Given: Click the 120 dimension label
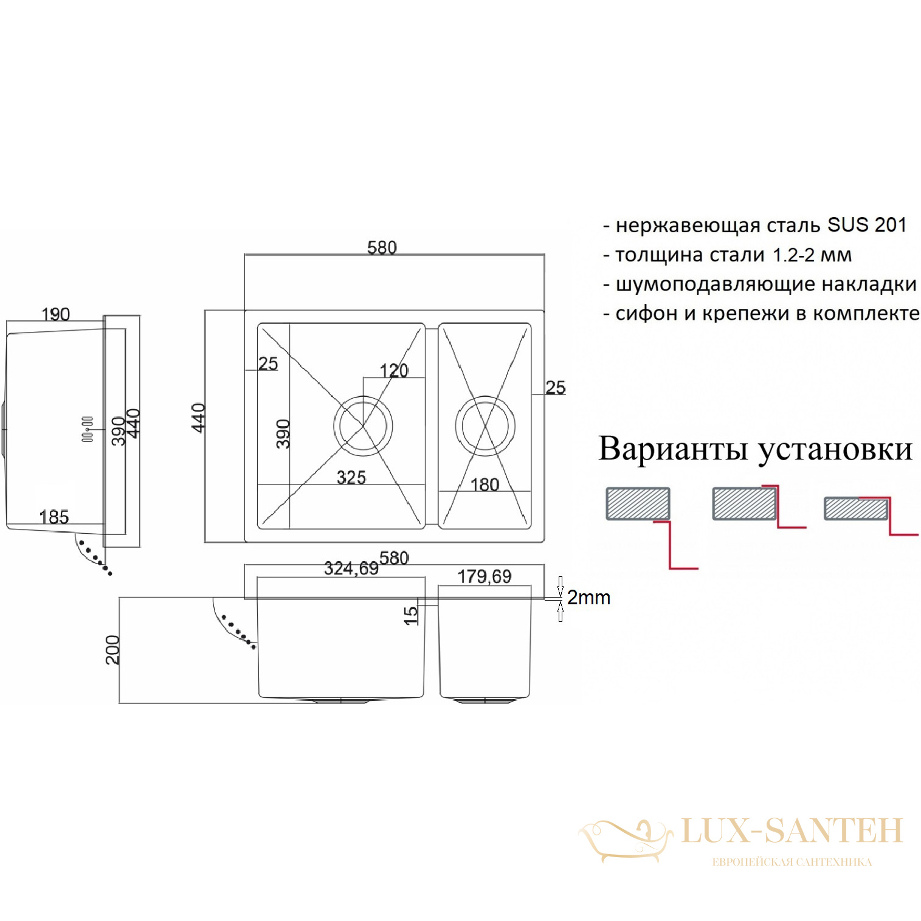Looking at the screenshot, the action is coord(394,370).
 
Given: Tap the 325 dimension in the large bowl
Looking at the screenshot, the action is coord(351,477).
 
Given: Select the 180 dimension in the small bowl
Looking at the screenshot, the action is coord(485,485).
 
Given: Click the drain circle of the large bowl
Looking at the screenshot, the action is coord(363,426).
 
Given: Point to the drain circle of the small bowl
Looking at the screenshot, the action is coord(485,426).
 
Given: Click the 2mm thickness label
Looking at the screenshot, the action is coord(588,598).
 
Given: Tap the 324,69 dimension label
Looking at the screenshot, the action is coord(351,568).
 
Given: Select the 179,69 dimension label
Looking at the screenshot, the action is coord(485,576).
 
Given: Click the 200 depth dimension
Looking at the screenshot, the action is coord(113,650).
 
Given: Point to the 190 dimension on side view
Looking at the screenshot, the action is coord(55,314).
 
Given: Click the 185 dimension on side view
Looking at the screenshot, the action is coord(53,517).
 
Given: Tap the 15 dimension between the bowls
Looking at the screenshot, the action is coord(411,615).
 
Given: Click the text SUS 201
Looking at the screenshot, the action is coord(867,225).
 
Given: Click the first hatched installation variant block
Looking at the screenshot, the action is coord(638,504).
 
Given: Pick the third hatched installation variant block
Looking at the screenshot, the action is coord(855,509).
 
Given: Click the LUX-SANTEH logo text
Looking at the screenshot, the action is coord(792,831).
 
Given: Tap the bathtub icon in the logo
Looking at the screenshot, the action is coord(625,838).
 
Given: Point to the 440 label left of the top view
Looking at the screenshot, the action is coord(199,418).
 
